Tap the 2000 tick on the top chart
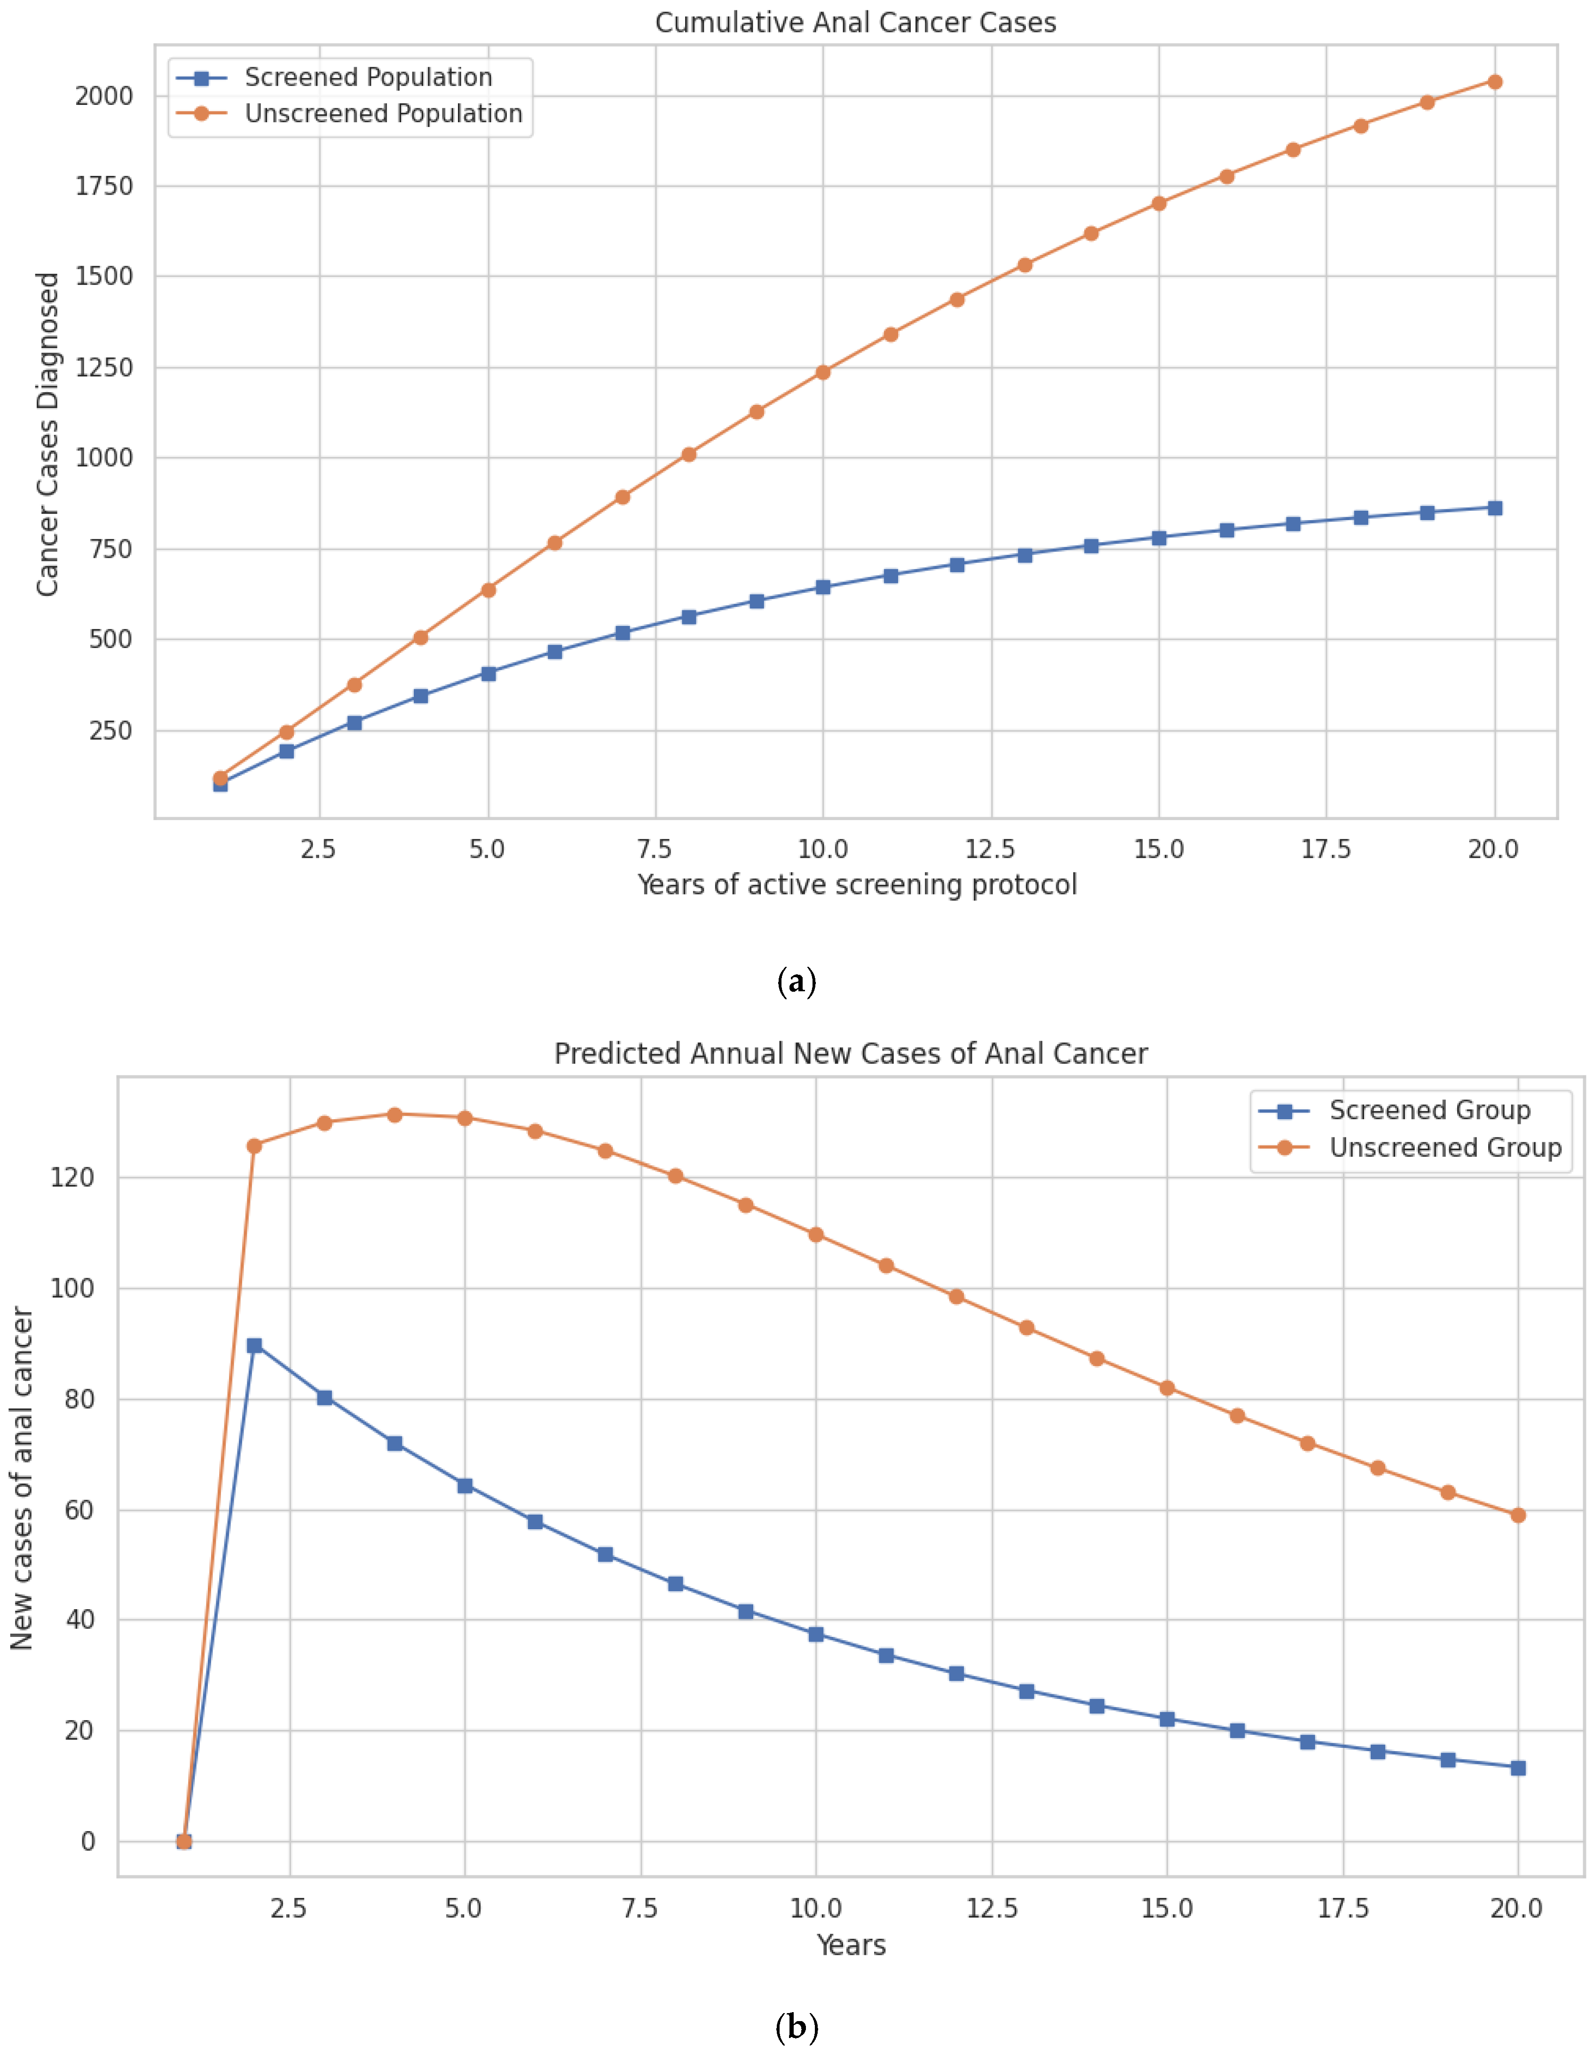tap(103, 96)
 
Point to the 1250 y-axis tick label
tap(103, 368)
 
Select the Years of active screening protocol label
tap(856, 885)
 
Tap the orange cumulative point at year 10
tap(823, 372)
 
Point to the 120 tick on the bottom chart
tap(72, 1177)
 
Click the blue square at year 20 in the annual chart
tap(1517, 1768)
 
